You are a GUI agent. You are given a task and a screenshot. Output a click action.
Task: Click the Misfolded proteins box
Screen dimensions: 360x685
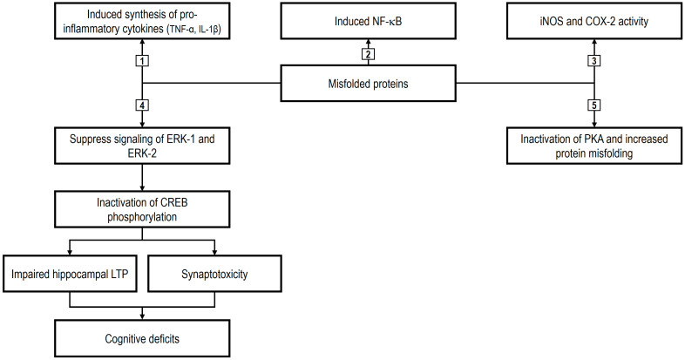pos(368,84)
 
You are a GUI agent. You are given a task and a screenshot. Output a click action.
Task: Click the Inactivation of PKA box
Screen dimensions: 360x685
pos(593,145)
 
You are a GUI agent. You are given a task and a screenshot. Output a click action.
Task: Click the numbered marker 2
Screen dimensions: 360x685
pos(368,55)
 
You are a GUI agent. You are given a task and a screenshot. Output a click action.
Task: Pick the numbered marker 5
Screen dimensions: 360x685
pos(593,105)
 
